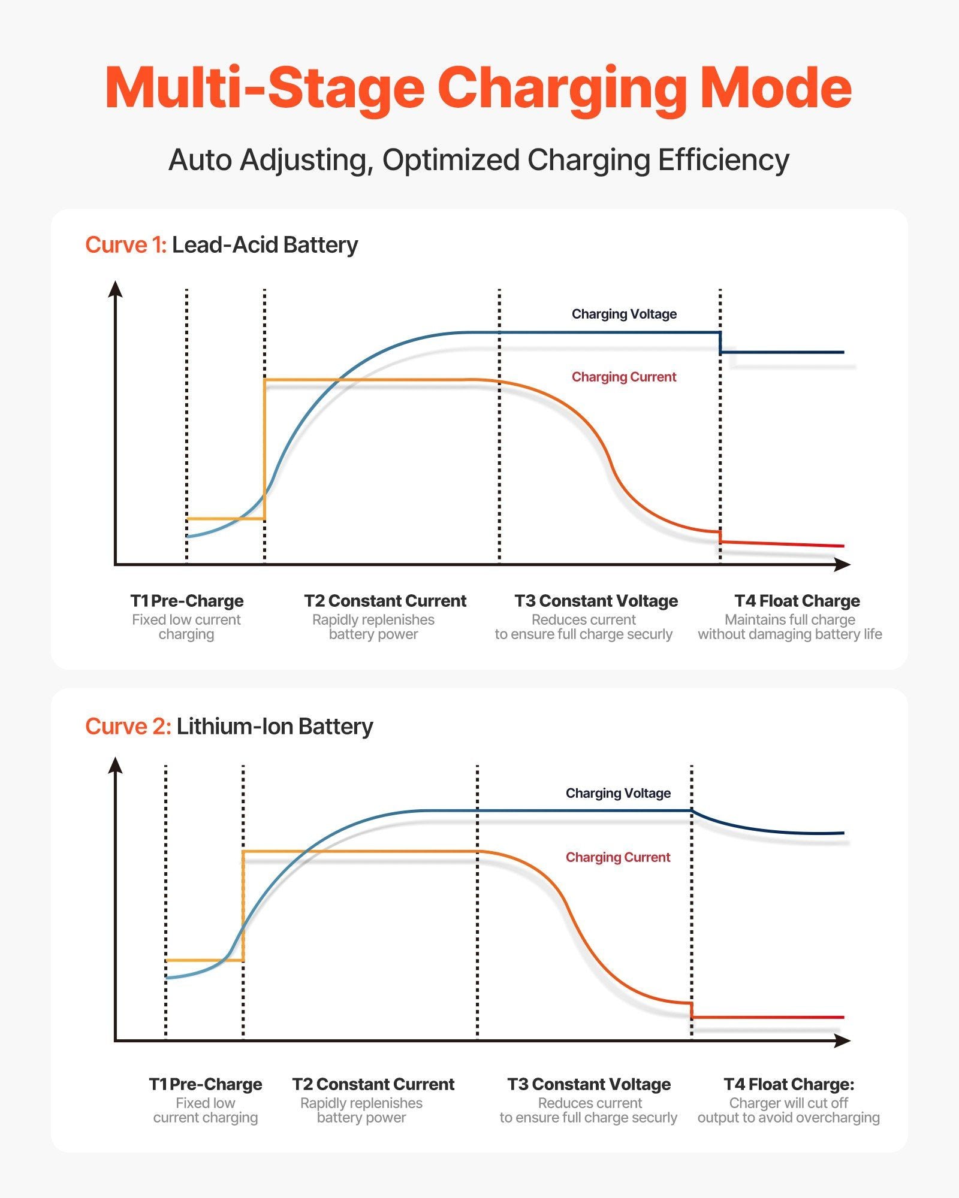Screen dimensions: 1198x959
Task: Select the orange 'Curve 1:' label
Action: (x=125, y=245)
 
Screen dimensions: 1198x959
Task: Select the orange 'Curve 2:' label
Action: (x=128, y=727)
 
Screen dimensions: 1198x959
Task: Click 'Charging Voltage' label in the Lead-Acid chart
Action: (x=624, y=314)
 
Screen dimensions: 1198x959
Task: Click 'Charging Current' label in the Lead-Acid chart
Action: (x=623, y=377)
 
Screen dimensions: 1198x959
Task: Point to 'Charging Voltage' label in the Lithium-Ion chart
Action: (x=618, y=793)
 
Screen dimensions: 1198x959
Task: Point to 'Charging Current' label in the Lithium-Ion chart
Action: (x=618, y=857)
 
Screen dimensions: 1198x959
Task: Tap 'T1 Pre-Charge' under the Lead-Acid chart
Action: (x=187, y=601)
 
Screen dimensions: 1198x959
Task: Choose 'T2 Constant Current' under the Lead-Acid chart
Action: (x=385, y=601)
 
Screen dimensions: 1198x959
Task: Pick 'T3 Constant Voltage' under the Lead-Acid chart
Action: (x=596, y=601)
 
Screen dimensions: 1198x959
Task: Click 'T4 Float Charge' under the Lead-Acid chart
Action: (x=797, y=601)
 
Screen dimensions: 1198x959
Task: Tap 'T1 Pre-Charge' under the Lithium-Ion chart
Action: (x=205, y=1084)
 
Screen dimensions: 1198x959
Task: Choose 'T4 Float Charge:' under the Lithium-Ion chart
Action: (x=789, y=1084)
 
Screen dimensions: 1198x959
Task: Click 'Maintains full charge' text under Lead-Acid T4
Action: (x=790, y=619)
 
